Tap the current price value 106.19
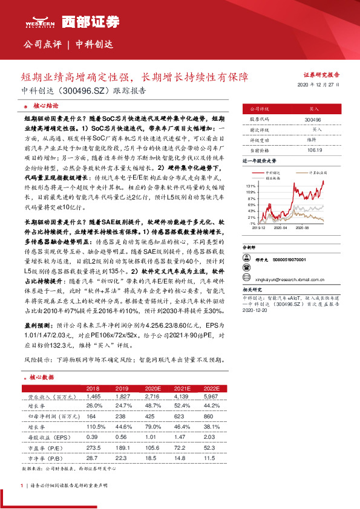(x=314, y=150)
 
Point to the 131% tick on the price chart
(x=251, y=186)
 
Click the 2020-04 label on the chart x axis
(x=280, y=229)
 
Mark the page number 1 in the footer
(x=22, y=485)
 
